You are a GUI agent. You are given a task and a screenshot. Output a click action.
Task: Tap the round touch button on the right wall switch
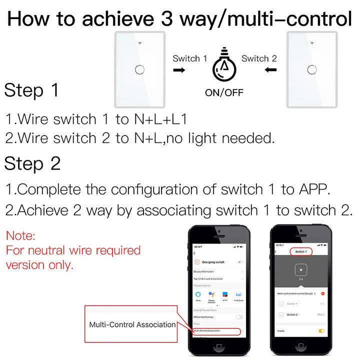tap(311, 69)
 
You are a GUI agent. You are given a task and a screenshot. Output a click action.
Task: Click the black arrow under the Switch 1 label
tap(178, 70)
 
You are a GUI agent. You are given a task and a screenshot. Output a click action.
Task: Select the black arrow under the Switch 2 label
tap(271, 70)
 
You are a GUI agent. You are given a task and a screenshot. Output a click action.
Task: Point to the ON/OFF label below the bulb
tap(224, 92)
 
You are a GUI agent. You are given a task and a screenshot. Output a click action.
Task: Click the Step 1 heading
tap(32, 90)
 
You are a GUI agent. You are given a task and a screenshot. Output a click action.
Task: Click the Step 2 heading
tap(33, 163)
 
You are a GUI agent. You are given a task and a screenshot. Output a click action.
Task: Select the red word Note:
tap(20, 235)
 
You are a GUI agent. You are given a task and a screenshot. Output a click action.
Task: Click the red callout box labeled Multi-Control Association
tap(132, 324)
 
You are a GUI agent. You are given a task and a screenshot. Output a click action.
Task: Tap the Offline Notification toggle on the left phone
tap(239, 317)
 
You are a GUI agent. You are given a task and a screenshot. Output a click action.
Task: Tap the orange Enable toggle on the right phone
tap(321, 330)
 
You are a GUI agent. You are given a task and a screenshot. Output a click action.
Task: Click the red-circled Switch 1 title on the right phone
tap(301, 251)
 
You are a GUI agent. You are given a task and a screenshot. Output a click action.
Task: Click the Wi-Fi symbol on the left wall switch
tap(140, 43)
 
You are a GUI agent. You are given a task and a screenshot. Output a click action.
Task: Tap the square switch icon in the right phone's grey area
tap(301, 269)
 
